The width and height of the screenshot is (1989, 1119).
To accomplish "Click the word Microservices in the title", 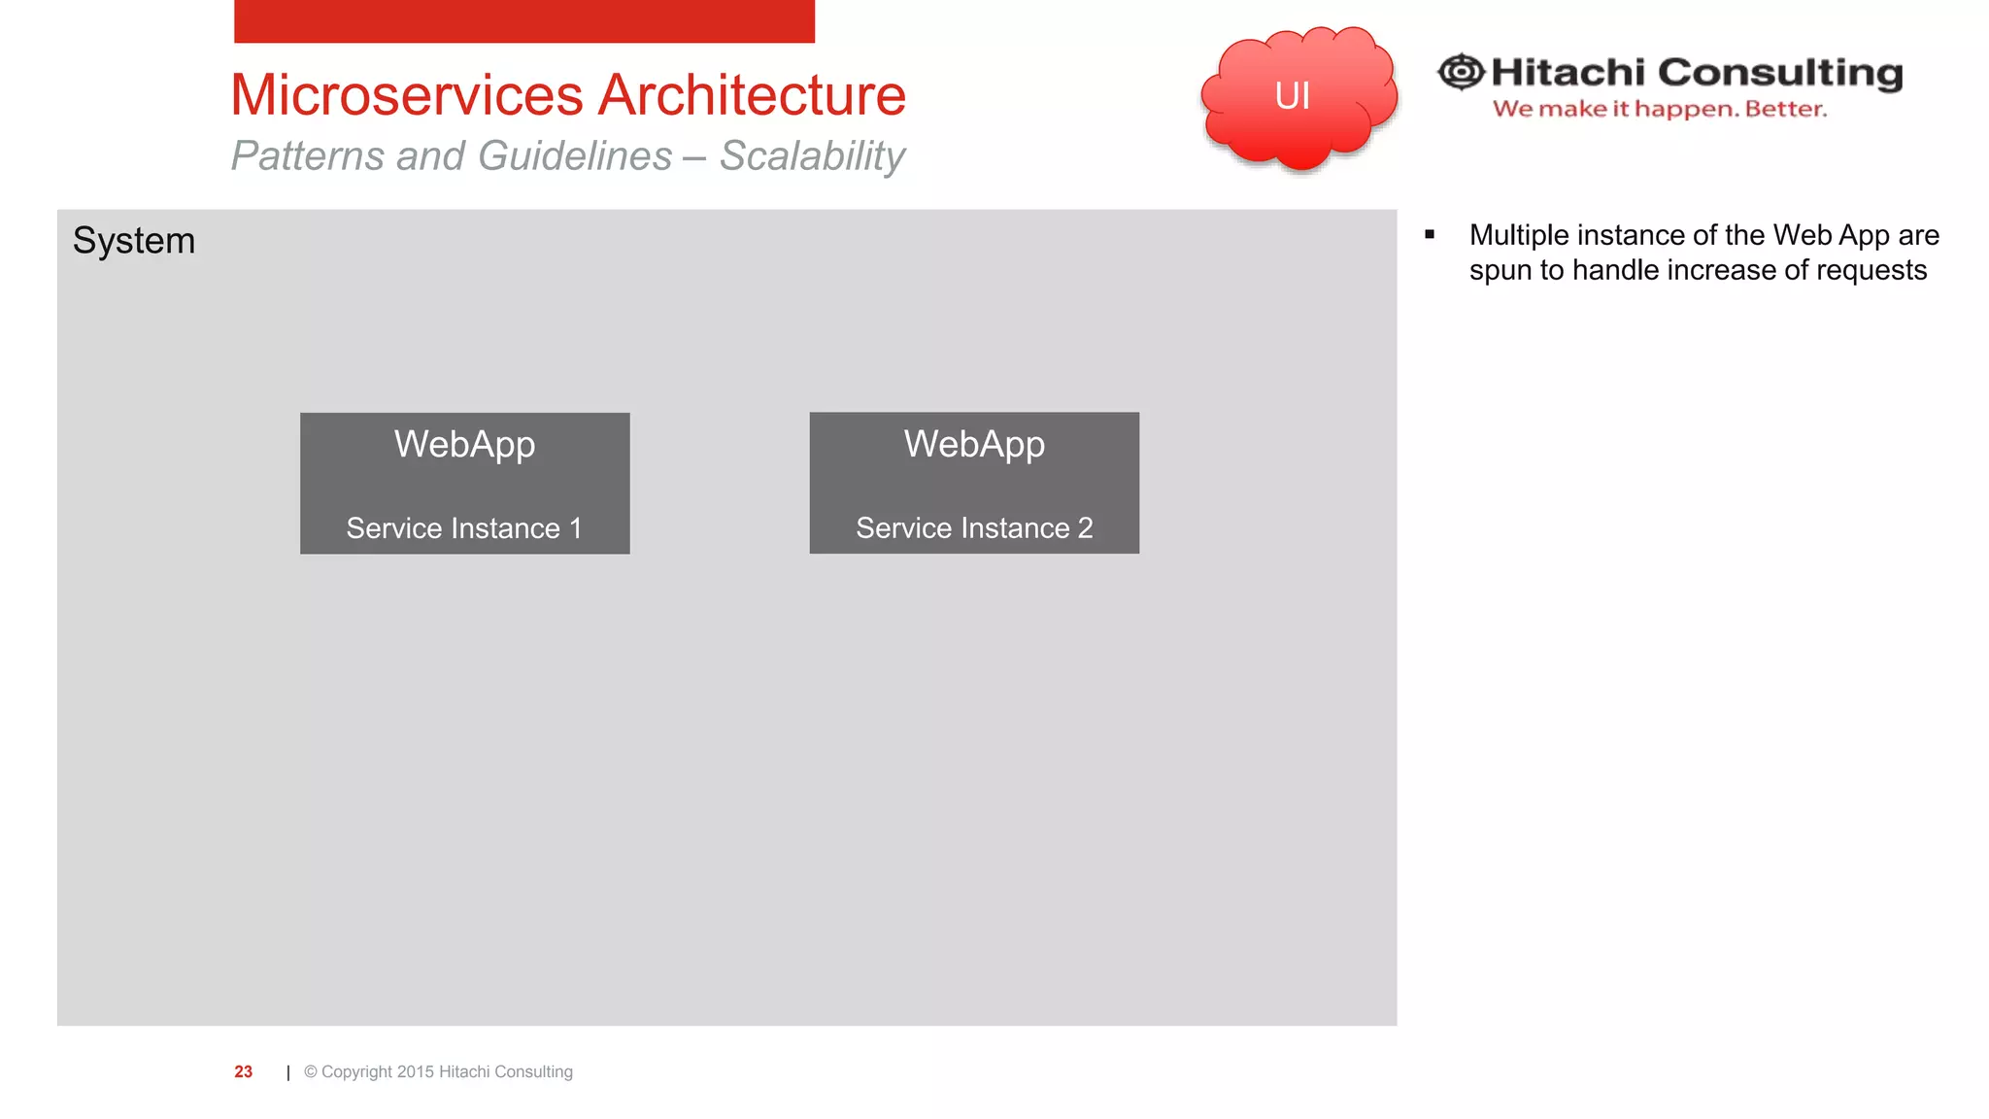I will click(406, 95).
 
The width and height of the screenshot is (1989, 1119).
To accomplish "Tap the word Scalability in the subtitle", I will click(812, 156).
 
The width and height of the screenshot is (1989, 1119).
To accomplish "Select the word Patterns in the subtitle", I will click(308, 156).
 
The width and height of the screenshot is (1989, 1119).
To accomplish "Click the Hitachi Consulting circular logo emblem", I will click(1461, 72).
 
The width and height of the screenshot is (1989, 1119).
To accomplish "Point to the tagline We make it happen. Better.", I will click(1659, 109).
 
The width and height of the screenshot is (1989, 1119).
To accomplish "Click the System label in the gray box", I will click(134, 241).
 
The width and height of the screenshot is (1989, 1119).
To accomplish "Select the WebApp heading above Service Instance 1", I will click(464, 444).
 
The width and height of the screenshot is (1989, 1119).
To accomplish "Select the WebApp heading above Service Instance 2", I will click(974, 444).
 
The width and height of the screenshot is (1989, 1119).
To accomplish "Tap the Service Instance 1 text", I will click(464, 528).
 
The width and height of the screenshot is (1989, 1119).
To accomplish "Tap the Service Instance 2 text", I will click(974, 528).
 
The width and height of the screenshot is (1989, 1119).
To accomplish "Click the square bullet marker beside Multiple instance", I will click(1430, 234).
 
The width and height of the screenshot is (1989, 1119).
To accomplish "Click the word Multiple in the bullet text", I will click(1519, 235).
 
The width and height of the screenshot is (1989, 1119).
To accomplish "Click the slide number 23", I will click(243, 1071).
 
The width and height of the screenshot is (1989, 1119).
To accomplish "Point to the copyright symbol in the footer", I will click(311, 1071).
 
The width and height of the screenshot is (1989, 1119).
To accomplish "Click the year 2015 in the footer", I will click(415, 1071).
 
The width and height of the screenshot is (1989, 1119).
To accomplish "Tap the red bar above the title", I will click(524, 20).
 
